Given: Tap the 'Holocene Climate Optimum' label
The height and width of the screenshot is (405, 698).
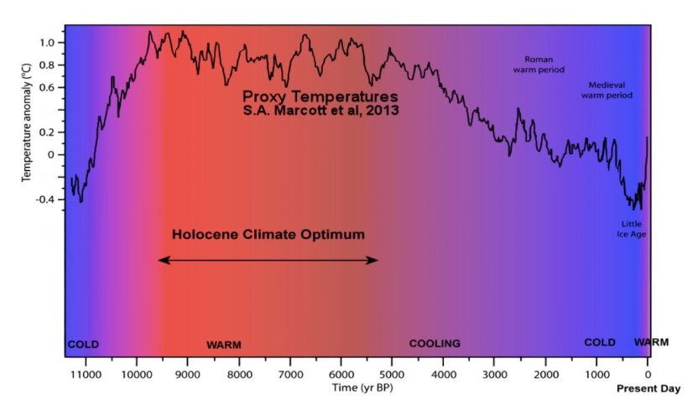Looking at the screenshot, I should [268, 235].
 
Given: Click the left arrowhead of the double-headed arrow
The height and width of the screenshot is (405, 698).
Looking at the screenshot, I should [161, 261].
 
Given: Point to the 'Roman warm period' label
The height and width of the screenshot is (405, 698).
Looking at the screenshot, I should [539, 65].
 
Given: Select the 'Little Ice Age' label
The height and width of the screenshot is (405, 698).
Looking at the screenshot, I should [632, 229].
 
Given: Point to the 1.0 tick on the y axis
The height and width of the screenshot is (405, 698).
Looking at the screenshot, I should [46, 42].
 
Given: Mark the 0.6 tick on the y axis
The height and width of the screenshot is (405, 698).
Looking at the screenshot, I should [46, 87].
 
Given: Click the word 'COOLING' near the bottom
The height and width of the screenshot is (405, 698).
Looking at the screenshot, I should [435, 344].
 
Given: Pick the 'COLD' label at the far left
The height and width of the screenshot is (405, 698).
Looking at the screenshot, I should [83, 344].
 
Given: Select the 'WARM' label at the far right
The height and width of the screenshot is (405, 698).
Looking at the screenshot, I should [651, 342].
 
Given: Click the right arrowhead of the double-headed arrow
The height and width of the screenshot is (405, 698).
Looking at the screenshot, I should [376, 261].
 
